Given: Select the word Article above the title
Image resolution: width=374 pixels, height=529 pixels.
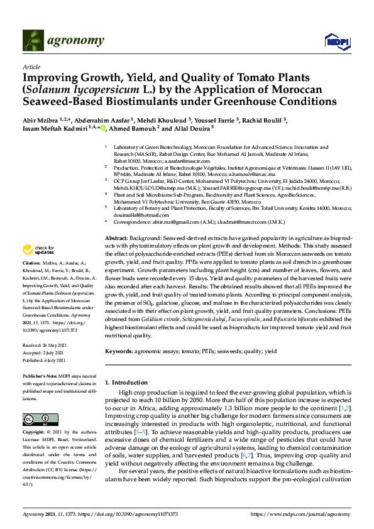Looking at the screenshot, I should (x=31, y=66).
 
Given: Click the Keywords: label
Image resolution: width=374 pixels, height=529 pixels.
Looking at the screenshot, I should (x=121, y=351).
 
